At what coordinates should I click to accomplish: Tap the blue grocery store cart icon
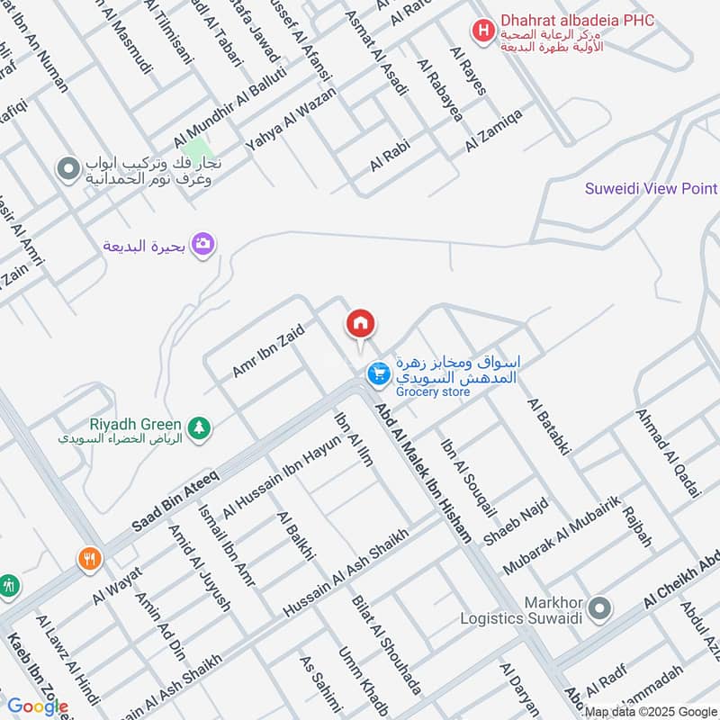coord(378,372)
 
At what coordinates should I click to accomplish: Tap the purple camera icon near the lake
coord(203,244)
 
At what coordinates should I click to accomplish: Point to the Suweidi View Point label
coord(651,189)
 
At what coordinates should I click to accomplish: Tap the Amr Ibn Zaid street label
coord(268,350)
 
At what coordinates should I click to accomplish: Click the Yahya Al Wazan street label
coord(290,117)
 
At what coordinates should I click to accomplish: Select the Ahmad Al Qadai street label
coord(667,453)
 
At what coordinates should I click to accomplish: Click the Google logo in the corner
coord(37,706)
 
